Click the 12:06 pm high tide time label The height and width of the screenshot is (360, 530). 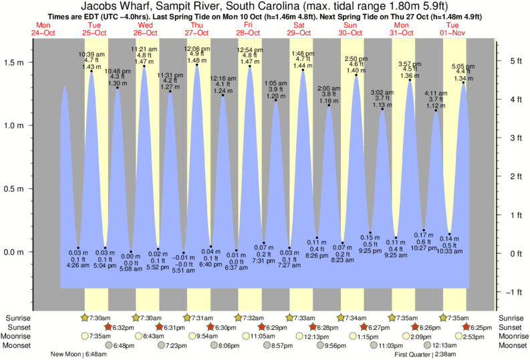(x=196, y=49)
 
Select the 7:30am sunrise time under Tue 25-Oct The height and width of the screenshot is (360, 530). (x=100, y=317)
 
